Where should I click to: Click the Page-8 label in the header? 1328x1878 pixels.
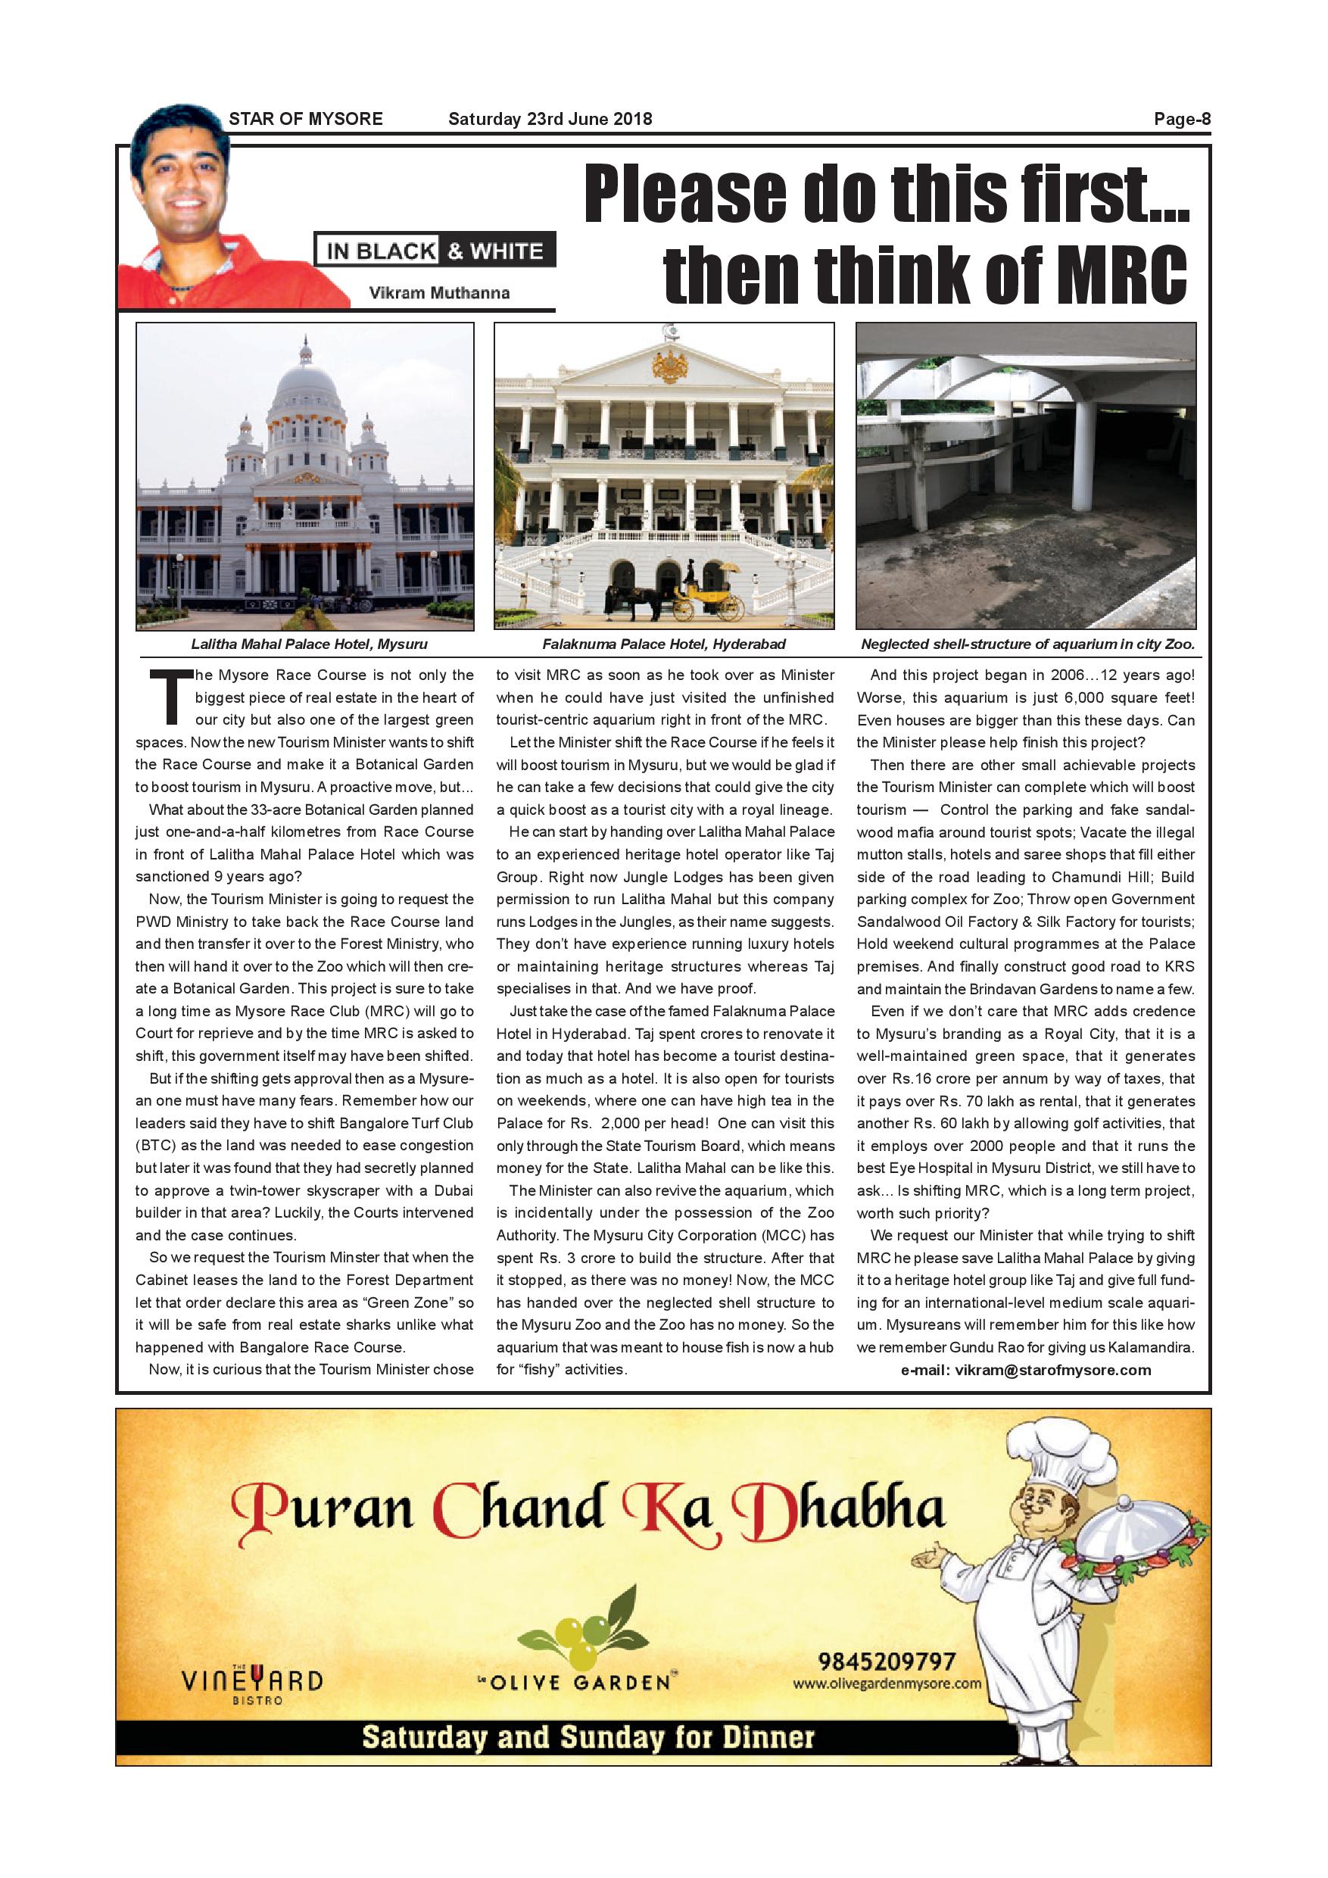pos(1182,119)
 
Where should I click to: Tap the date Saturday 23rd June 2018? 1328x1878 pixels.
pos(550,119)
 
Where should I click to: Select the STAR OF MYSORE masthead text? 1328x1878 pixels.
pos(306,119)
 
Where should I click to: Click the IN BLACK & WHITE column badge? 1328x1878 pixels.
pos(435,251)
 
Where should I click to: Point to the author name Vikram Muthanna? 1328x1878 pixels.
pos(439,293)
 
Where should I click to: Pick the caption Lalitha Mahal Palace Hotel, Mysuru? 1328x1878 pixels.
pos(309,644)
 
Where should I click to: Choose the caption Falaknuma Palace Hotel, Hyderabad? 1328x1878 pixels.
pos(663,644)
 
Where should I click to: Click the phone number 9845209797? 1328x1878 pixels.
pos(887,1661)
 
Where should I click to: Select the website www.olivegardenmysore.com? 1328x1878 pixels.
pos(887,1683)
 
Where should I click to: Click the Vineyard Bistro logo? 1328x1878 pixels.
pos(252,1683)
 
